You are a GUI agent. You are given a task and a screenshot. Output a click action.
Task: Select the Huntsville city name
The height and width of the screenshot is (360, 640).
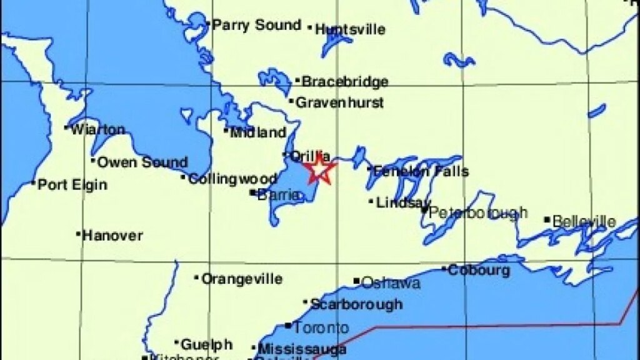tap(350, 29)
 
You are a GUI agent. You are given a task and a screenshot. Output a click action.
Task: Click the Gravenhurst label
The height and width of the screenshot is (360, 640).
tap(339, 102)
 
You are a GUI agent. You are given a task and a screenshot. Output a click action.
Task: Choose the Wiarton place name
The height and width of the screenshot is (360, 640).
tap(98, 130)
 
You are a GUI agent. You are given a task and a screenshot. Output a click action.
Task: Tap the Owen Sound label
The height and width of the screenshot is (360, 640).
tap(142, 162)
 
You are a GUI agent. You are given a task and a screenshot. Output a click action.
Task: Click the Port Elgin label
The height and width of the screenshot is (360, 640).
tap(72, 184)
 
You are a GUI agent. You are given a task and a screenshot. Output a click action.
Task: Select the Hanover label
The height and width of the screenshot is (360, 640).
tap(112, 236)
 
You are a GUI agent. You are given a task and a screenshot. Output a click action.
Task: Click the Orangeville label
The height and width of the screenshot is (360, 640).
tap(241, 279)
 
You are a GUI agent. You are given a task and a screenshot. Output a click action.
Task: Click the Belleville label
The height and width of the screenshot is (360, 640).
tap(584, 221)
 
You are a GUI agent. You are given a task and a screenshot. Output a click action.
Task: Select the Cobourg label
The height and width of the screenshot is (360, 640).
tap(479, 271)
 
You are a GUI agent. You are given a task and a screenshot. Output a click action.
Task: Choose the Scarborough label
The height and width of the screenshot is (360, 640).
tap(356, 304)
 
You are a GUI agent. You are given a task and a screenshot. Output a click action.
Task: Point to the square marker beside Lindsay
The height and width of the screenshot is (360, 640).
tap(371, 201)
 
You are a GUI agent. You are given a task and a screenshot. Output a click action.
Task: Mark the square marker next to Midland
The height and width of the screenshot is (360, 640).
tap(226, 131)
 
